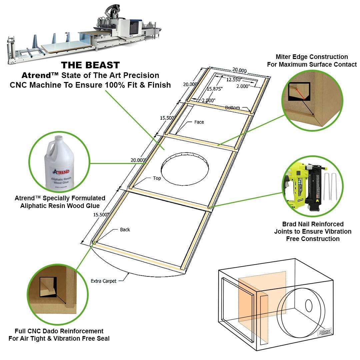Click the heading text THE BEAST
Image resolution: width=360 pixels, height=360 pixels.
point(90,65)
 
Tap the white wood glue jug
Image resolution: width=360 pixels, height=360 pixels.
point(59,163)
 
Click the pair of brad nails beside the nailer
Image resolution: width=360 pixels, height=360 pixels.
point(330,187)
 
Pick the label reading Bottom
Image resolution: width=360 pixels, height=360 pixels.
point(232,108)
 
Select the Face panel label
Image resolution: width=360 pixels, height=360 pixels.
point(199,122)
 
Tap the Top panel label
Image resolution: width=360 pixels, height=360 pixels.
point(157,178)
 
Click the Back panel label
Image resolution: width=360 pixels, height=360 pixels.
point(125,230)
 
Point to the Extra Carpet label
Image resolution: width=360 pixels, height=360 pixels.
point(103,281)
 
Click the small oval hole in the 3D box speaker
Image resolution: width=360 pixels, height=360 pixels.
point(309,305)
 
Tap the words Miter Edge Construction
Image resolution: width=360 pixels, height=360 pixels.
point(312,57)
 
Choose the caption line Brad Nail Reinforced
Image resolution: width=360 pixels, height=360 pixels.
point(313,224)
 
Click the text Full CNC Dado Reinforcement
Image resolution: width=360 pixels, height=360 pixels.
point(59,331)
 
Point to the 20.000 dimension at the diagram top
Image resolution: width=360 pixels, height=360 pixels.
point(239,70)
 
